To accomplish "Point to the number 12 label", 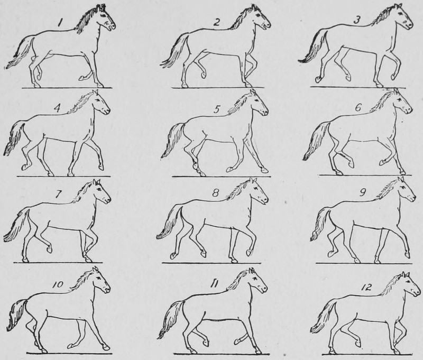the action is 365,288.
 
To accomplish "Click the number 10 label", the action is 57,284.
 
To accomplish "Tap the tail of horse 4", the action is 14,137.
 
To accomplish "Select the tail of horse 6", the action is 316,140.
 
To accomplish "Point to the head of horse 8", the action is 259,191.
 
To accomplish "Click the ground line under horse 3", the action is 357,87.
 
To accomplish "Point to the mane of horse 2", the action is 242,19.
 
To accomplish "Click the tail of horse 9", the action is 320,223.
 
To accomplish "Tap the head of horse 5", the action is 259,104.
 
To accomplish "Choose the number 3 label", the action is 356,20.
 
